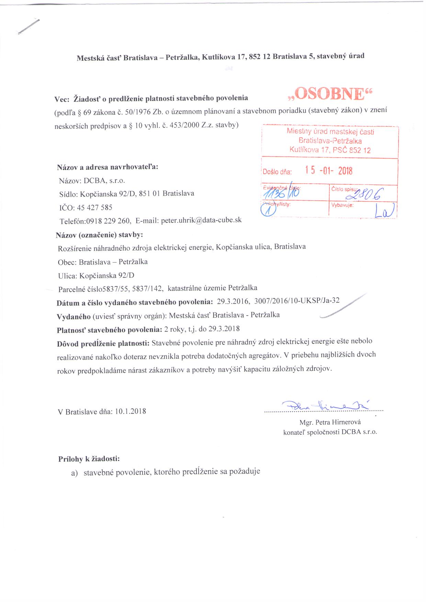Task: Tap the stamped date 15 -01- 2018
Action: (x=329, y=171)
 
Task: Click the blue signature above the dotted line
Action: (x=325, y=405)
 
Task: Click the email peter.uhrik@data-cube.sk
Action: (x=201, y=220)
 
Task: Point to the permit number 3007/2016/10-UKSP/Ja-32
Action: (x=295, y=301)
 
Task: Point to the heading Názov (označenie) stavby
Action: (x=99, y=235)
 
